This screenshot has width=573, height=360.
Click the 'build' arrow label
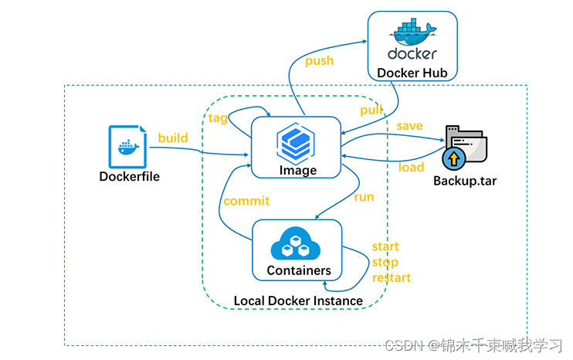pos(173,138)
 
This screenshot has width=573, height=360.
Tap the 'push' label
pos(320,61)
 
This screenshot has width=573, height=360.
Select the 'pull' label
pos(371,110)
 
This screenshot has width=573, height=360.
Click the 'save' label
pos(409,126)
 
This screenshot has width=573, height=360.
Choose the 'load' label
pos(411,167)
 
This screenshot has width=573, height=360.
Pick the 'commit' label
pos(246,201)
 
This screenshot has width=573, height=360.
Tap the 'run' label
pos(364,197)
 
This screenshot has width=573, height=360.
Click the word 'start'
pos(385,246)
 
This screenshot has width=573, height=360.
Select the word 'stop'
pos(385,262)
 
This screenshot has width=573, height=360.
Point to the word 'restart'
pos(392,277)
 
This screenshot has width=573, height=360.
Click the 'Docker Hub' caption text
pos(412,73)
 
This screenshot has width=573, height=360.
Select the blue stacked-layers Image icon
pos(297,143)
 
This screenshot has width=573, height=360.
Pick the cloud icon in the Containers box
pos(296,245)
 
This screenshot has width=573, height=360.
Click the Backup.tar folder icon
pos(465,148)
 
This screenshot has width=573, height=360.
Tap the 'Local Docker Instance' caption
pos(298,301)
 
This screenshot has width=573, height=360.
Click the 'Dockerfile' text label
pos(130,176)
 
